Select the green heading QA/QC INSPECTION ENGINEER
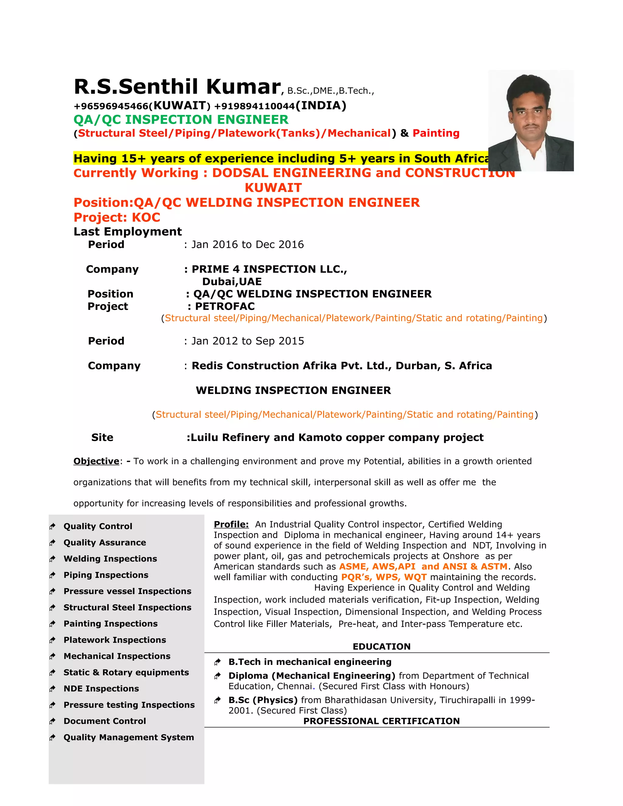click(181, 120)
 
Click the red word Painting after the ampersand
click(436, 133)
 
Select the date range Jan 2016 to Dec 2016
click(247, 245)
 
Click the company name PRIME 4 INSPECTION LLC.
click(269, 269)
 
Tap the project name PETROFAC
click(225, 306)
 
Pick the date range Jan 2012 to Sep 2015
click(247, 341)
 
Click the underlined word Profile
click(231, 524)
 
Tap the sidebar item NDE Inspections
click(101, 688)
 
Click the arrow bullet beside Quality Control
click(52, 526)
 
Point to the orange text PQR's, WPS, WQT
click(384, 577)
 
